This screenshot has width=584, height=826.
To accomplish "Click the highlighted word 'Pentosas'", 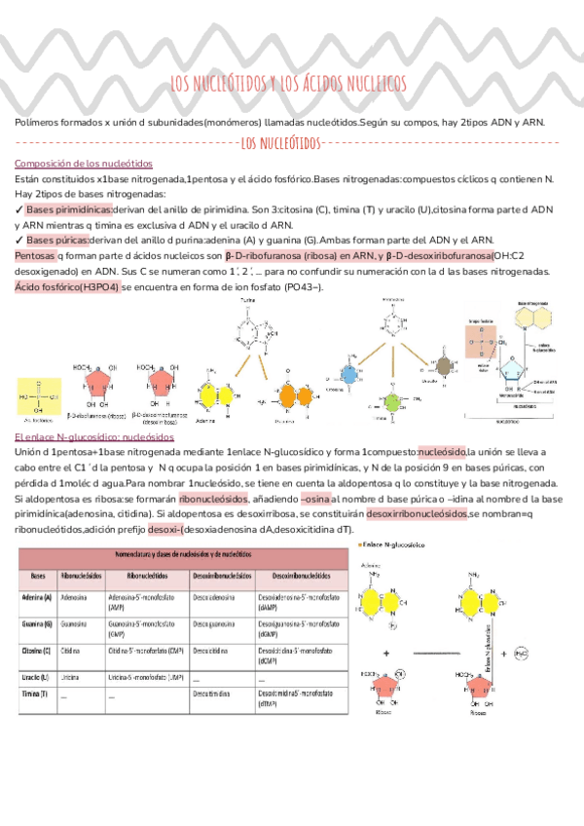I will pos(35,254).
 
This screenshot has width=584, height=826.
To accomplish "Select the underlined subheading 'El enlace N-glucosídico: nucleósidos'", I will pos(94,437).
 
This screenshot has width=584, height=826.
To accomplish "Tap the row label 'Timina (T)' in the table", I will pos(38,695).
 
